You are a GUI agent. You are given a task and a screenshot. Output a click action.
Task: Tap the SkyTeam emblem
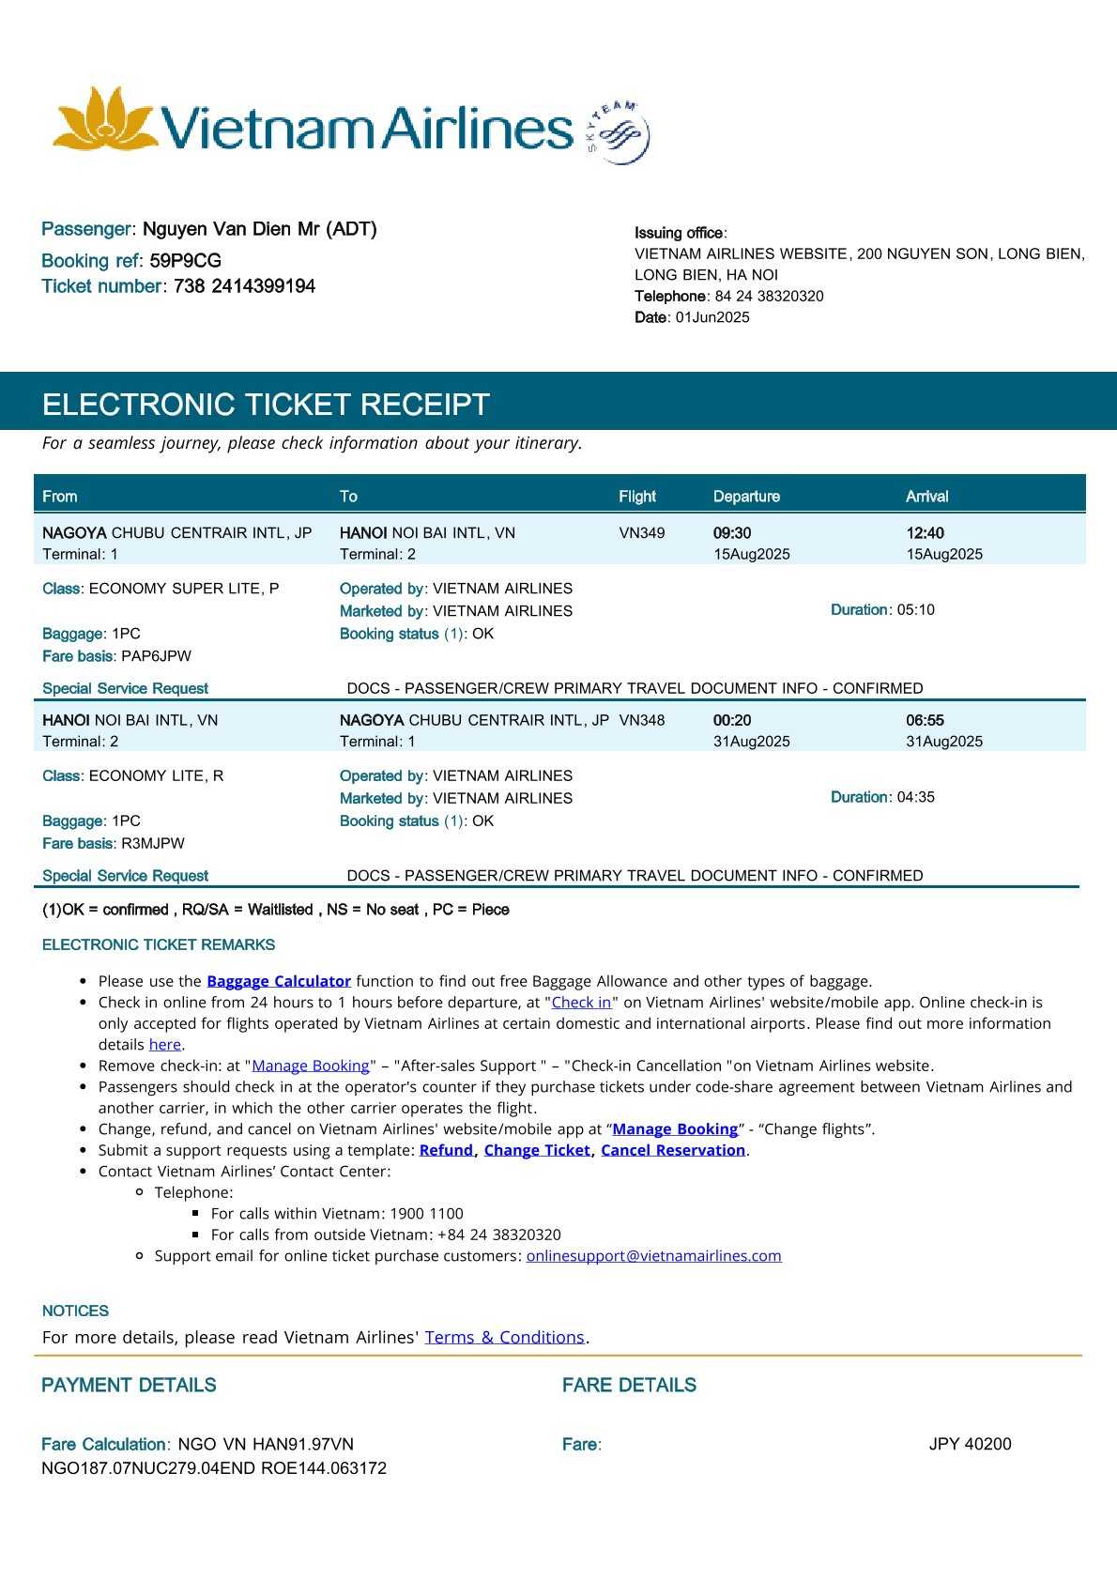619,132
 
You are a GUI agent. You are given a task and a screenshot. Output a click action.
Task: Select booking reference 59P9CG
185,261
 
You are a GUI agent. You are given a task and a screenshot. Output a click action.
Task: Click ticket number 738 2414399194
244,286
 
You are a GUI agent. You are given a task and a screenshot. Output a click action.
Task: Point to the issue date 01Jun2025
712,317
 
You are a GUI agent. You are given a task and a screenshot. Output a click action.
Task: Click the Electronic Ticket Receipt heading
266,405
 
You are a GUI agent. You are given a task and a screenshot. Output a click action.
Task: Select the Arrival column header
926,497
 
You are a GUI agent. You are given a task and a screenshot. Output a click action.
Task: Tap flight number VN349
642,533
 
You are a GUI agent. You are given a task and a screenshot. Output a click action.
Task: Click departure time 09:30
732,533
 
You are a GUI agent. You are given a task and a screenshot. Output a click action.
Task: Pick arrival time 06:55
925,721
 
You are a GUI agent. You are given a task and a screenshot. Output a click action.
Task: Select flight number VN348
642,721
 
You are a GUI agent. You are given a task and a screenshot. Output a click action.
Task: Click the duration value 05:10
916,610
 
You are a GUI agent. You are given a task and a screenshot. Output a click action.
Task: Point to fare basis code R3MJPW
153,844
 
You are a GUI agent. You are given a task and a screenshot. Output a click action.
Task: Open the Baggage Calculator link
279,981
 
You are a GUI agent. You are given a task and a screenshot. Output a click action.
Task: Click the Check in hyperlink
581,1003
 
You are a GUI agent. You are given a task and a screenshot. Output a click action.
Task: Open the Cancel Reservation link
673,1150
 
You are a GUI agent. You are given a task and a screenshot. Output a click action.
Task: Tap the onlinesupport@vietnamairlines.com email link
653,1256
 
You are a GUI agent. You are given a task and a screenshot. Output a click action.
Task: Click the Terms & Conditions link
504,1338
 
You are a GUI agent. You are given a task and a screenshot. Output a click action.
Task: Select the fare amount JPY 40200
970,1445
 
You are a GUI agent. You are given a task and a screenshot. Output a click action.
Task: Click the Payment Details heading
129,1386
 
